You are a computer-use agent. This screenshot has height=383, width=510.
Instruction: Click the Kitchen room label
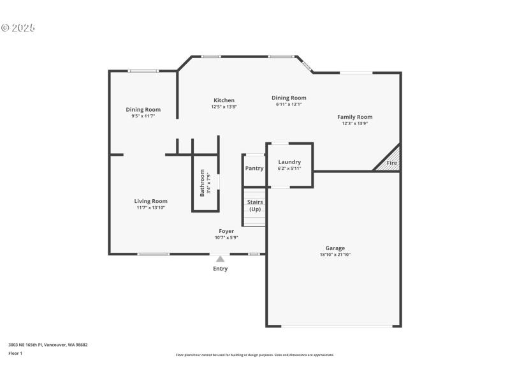pyautogui.click(x=224, y=100)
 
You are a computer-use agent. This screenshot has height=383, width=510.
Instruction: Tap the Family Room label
pyautogui.click(x=355, y=117)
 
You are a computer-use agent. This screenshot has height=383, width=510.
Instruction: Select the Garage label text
pyautogui.click(x=335, y=248)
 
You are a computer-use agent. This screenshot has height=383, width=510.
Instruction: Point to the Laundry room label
pyautogui.click(x=289, y=162)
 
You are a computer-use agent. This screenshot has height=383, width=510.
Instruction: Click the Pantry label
pyautogui.click(x=254, y=169)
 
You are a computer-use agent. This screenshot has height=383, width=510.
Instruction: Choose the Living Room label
pyautogui.click(x=151, y=201)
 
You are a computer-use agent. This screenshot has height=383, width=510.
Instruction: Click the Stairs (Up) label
pyautogui.click(x=255, y=206)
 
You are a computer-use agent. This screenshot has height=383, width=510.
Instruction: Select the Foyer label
pyautogui.click(x=226, y=231)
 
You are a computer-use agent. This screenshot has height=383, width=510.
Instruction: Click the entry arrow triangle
pyautogui.click(x=220, y=259)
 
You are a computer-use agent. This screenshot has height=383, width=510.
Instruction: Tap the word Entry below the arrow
pyautogui.click(x=220, y=269)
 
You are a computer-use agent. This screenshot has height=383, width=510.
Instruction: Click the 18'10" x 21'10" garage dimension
pyautogui.click(x=335, y=255)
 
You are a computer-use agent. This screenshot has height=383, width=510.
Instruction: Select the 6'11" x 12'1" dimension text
pyautogui.click(x=291, y=104)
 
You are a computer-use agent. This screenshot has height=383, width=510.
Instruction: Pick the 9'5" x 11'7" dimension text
pyautogui.click(x=143, y=116)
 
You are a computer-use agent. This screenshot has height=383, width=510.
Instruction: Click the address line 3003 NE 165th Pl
pyautogui.click(x=48, y=345)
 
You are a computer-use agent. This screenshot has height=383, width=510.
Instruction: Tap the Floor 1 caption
pyautogui.click(x=15, y=353)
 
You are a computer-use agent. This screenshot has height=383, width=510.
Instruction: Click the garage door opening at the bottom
pyautogui.click(x=337, y=326)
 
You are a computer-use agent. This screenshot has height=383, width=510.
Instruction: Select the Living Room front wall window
pyautogui.click(x=154, y=254)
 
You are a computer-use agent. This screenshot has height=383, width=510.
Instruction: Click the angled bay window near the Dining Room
pyautogui.click(x=307, y=65)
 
